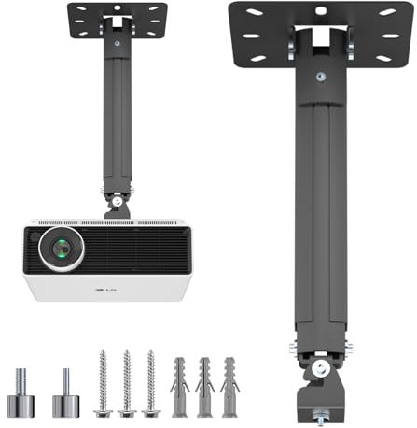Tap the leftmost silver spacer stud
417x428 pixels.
click(x=21, y=396)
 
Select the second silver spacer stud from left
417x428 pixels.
click(x=65, y=396)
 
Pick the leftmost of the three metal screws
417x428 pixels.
click(x=103, y=383)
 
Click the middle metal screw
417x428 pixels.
click(x=126, y=383)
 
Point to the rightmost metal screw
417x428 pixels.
click(x=149, y=383)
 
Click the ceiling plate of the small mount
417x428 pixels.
click(x=117, y=18)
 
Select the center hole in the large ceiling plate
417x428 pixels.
click(x=320, y=11)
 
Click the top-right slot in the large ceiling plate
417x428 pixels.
click(x=387, y=12)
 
